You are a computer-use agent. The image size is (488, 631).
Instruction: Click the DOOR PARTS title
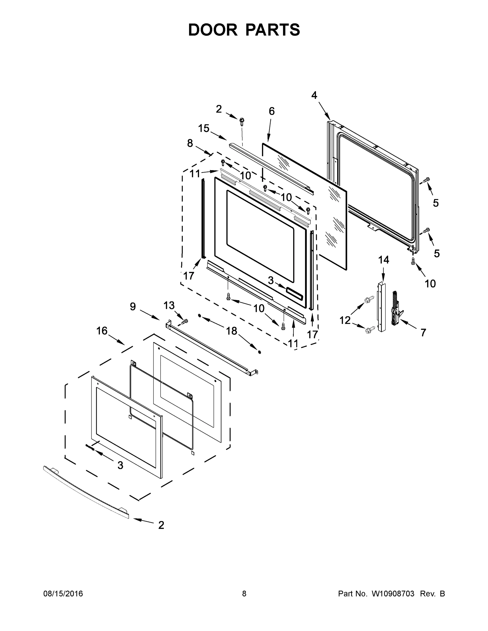coord(244,30)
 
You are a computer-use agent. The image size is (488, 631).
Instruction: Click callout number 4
coord(314,95)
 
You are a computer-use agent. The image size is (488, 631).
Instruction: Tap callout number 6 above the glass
coord(271,111)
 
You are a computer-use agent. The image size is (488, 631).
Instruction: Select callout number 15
coord(204,128)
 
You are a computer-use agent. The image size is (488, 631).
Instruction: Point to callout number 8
coord(190,143)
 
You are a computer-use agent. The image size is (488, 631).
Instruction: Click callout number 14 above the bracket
coord(384,260)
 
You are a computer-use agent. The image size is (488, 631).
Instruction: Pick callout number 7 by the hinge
coord(423,333)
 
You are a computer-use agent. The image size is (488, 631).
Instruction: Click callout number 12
coord(345,320)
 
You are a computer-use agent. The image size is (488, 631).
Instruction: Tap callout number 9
coord(133,307)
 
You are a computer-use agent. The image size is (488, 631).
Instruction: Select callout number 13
coord(169,306)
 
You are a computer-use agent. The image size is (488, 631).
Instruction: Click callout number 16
coord(102,331)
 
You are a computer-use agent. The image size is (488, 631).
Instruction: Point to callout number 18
coord(232,331)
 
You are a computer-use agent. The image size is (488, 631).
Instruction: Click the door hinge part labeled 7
coord(395,309)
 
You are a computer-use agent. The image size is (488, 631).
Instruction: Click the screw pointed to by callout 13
coord(184,321)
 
